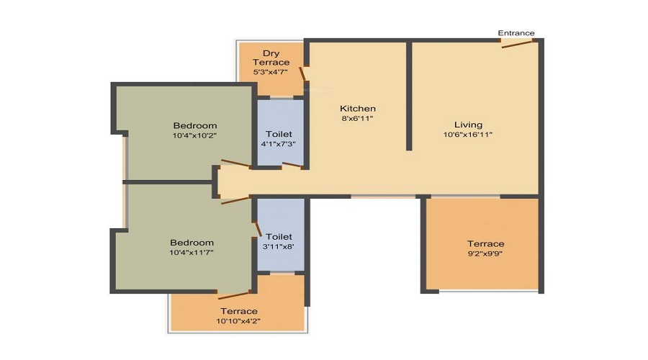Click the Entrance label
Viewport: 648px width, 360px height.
516,33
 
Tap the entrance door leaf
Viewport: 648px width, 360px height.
517,44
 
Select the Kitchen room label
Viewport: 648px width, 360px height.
358,109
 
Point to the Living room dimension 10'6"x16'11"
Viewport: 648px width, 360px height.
468,135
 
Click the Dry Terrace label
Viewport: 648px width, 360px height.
271,58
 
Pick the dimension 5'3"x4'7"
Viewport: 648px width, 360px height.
271,72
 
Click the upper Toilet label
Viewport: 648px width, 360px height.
279,134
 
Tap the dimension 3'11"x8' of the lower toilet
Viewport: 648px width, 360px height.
279,247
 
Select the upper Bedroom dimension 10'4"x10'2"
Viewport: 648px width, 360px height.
194,135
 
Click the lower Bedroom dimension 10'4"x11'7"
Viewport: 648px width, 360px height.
192,252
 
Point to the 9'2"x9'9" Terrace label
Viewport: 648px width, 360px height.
485,244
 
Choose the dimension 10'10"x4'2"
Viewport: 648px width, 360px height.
238,320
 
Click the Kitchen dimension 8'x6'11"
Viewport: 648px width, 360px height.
357,119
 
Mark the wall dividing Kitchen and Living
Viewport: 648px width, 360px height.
409,96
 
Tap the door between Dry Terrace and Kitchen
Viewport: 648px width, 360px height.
302,73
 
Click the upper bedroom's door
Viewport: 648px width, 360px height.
236,163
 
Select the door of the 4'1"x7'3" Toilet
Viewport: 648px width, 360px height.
292,166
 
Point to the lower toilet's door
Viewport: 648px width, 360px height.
258,228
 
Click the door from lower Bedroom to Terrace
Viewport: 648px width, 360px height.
234,294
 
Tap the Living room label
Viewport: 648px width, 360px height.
468,125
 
